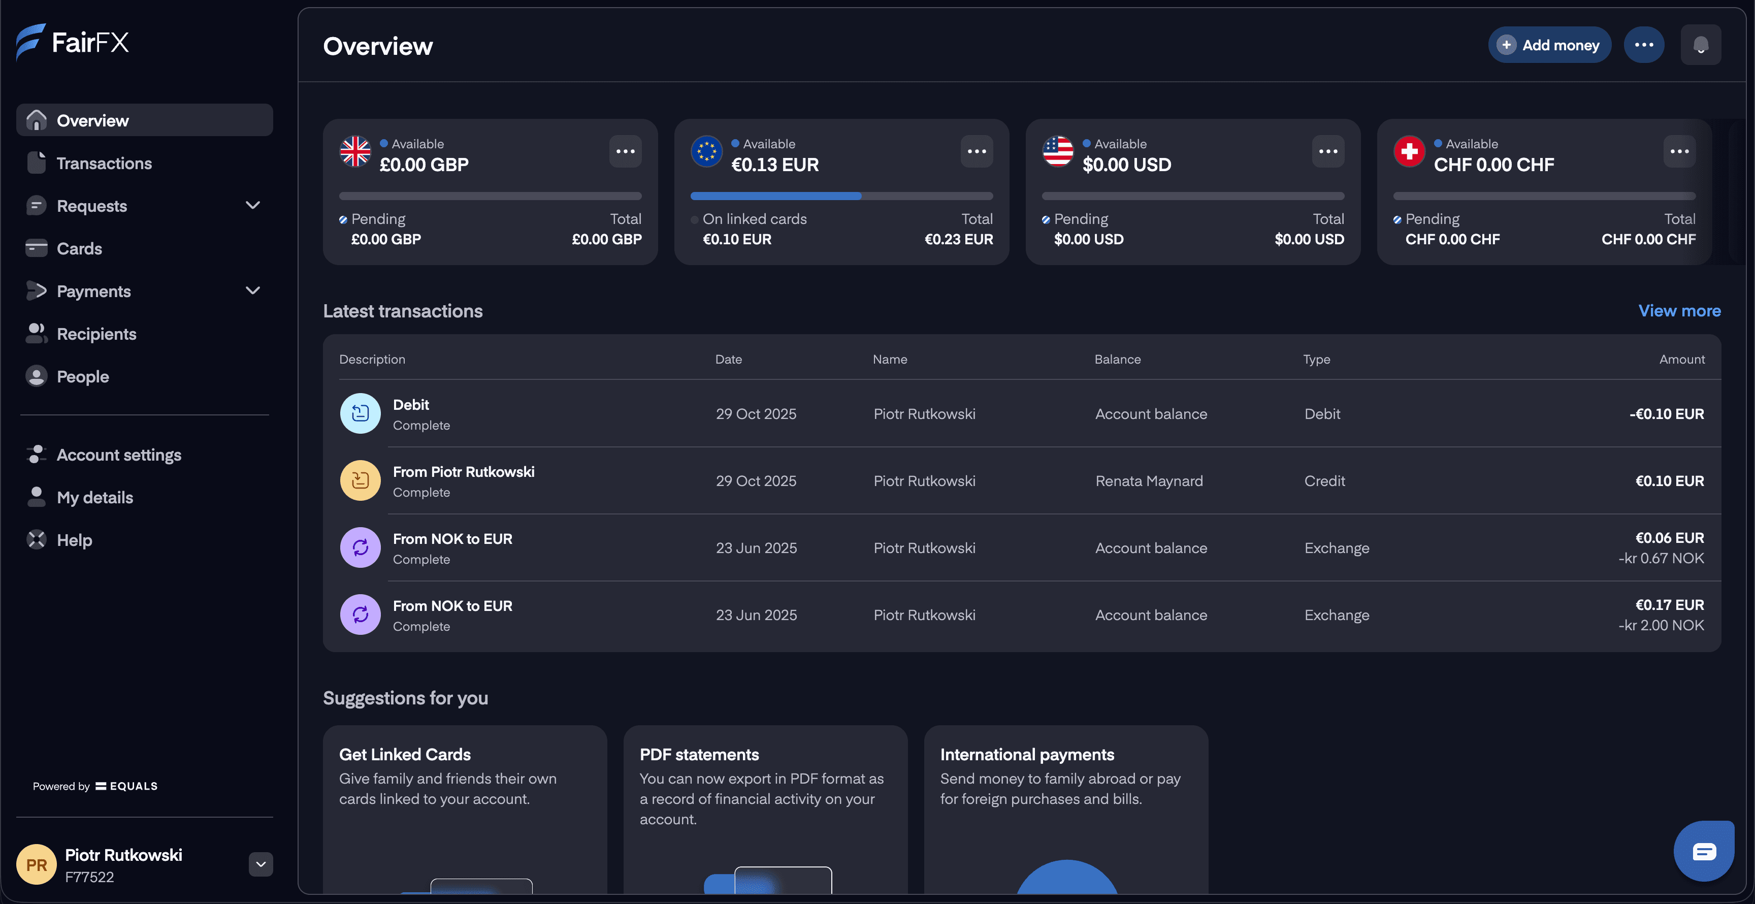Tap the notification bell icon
[1701, 45]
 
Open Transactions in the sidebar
[104, 164]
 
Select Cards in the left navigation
[79, 249]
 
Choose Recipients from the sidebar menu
[96, 334]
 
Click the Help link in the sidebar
[74, 540]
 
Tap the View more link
[1679, 311]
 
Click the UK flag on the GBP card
[355, 151]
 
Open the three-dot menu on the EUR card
[977, 151]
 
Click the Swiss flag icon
[1409, 151]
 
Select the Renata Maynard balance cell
[1149, 481]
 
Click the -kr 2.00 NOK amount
[1661, 625]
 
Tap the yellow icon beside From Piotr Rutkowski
[360, 481]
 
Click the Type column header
[1316, 359]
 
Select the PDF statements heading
[699, 755]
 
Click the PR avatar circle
[36, 864]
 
